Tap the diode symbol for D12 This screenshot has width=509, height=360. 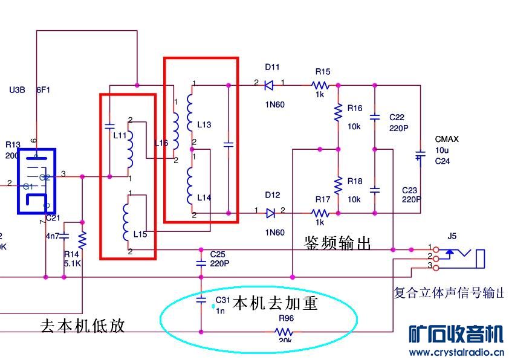click(x=270, y=213)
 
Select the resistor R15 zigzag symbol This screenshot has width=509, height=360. click(x=320, y=85)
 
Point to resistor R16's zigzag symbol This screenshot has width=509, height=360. click(x=338, y=112)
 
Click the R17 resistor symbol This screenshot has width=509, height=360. click(x=320, y=213)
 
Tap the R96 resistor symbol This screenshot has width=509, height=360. click(x=284, y=332)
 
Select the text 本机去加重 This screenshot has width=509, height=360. click(x=275, y=303)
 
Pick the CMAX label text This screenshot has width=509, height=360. click(x=447, y=139)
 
